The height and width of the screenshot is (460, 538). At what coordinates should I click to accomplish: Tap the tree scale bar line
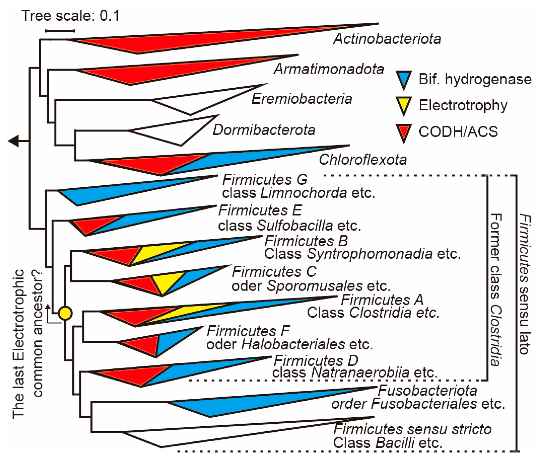tap(60, 31)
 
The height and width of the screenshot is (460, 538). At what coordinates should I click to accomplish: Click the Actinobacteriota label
tap(387, 39)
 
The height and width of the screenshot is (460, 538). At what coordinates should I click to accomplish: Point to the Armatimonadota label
tap(329, 69)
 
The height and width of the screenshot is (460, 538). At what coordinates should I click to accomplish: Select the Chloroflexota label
tap(363, 159)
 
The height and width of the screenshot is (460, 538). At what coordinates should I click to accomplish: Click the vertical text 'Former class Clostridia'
tap(495, 289)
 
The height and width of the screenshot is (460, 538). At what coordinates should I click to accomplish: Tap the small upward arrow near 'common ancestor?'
tap(48, 309)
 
